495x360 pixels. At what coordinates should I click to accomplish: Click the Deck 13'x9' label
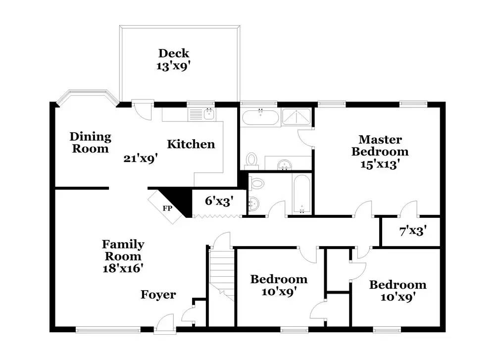(173, 59)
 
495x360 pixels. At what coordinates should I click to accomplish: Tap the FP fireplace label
(167, 208)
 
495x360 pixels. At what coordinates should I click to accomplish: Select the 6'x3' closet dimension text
(219, 201)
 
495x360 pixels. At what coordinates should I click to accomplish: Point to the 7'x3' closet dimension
(413, 231)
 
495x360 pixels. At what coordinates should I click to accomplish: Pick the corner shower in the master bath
(296, 116)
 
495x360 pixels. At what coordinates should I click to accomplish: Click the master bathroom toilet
(251, 160)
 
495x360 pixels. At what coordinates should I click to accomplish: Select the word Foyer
(158, 294)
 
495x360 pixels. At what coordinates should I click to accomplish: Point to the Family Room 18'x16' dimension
(123, 268)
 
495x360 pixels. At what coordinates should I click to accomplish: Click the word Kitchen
(191, 144)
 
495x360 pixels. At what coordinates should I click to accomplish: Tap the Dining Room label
(90, 143)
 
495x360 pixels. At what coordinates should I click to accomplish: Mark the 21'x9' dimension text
(141, 158)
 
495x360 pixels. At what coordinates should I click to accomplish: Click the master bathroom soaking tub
(260, 117)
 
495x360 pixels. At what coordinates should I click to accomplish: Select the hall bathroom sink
(253, 204)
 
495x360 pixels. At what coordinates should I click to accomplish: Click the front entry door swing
(165, 323)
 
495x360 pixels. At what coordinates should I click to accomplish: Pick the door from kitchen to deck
(143, 110)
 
